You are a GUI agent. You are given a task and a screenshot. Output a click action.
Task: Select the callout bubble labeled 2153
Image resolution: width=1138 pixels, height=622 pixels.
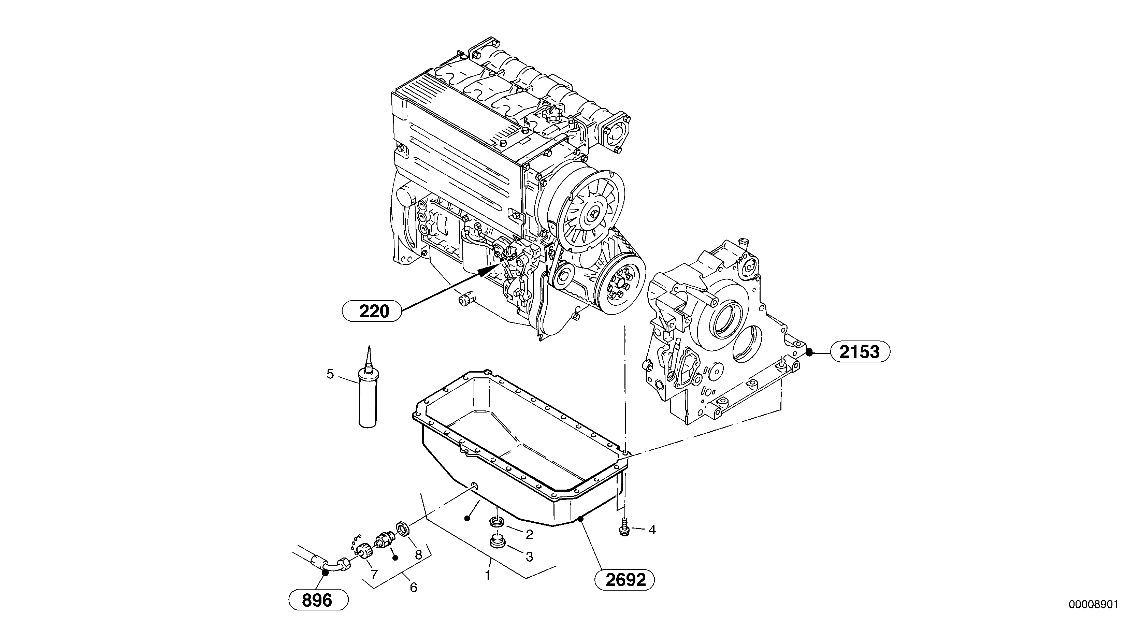860,352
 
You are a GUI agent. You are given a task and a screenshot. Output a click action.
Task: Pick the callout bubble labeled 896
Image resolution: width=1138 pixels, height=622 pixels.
318,601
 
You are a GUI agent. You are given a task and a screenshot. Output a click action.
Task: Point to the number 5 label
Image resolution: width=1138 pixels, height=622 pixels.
330,375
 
